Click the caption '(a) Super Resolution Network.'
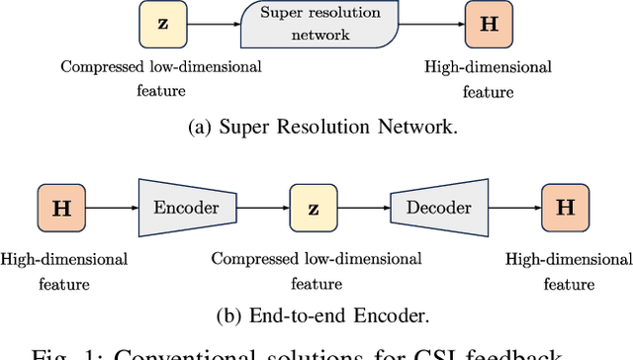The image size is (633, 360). (x=316, y=126)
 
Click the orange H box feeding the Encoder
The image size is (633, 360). (x=59, y=208)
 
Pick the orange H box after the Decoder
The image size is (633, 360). (x=566, y=208)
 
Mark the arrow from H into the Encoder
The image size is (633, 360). (x=111, y=208)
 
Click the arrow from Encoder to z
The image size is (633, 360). (x=265, y=208)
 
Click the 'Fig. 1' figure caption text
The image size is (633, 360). (x=316, y=351)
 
